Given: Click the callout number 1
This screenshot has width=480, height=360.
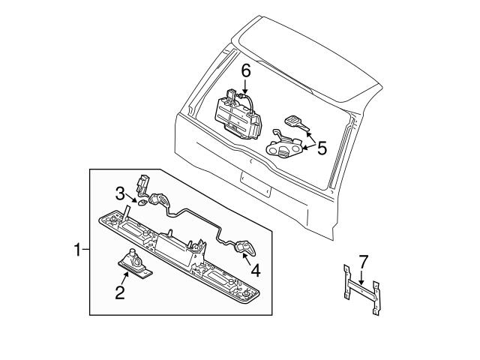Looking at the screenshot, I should tap(77, 250).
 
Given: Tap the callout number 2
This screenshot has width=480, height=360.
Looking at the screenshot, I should tap(118, 292).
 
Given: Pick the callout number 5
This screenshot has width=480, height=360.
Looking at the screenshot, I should tap(321, 148).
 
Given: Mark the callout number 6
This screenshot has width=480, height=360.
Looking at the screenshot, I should tap(244, 71).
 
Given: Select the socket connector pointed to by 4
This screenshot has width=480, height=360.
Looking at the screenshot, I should tap(245, 248).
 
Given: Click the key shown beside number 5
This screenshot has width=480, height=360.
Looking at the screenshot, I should tap(295, 121).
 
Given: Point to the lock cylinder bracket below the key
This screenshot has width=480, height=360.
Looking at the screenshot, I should tap(286, 148).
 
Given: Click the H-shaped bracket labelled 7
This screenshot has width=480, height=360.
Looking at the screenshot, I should tap(360, 289).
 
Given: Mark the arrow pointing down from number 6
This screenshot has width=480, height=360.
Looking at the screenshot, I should tap(244, 86).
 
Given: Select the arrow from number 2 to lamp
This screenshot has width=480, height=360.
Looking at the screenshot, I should tap(124, 279).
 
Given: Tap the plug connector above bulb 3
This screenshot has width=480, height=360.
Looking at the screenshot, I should tap(142, 184).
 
